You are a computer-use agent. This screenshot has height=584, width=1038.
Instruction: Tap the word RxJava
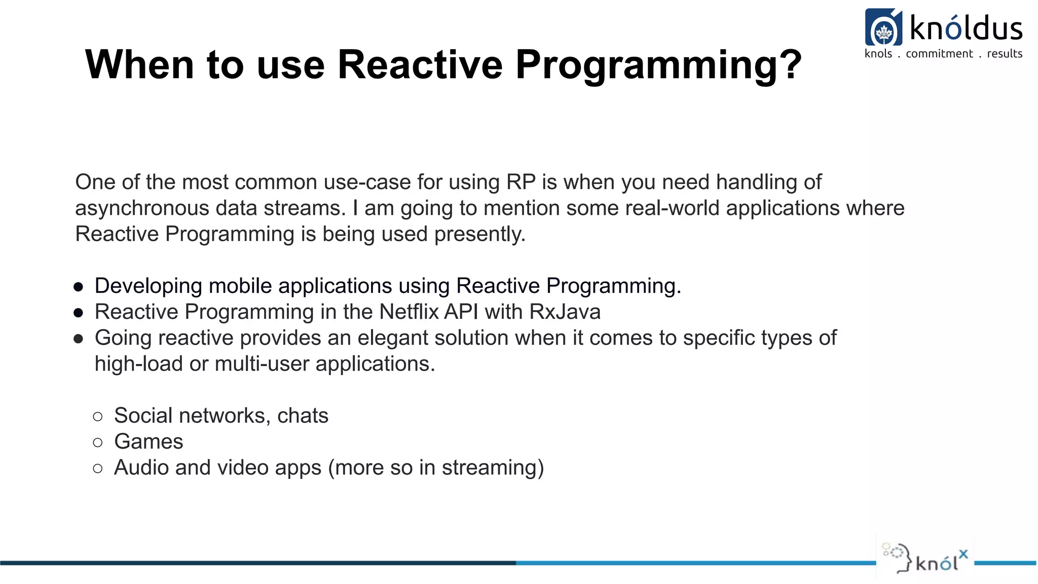(565, 312)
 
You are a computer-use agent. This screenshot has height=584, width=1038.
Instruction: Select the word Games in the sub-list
(149, 442)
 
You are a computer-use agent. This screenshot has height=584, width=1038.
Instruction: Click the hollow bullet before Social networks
(98, 417)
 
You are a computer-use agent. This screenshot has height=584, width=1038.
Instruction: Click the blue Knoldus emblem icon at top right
(883, 27)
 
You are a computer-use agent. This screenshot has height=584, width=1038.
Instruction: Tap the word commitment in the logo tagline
(939, 54)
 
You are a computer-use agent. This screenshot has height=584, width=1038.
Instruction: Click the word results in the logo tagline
(1004, 54)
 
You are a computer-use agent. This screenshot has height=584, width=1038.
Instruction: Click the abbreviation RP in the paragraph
(521, 182)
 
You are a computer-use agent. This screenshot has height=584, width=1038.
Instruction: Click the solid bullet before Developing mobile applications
(78, 287)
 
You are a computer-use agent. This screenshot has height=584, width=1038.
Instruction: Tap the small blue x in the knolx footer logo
(963, 554)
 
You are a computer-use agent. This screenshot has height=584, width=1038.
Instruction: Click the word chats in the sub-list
(303, 416)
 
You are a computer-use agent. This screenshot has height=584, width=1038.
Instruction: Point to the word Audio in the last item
(141, 467)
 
